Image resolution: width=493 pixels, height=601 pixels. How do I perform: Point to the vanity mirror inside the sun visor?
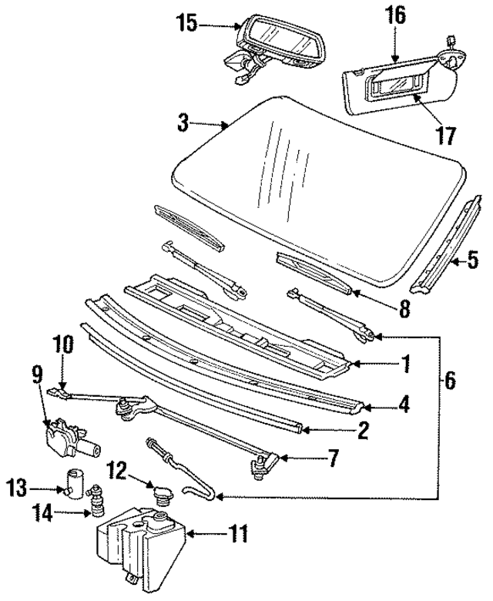[x=397, y=80]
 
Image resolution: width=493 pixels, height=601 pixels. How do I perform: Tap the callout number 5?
[x=472, y=260]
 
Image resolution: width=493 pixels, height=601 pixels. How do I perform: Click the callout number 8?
[x=404, y=310]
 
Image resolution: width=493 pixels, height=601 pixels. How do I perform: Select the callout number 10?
[x=63, y=344]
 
